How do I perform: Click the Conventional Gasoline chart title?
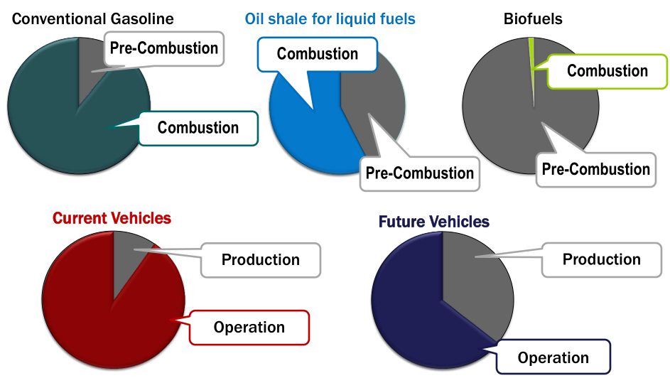coord(93,18)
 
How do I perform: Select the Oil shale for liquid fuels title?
coord(330,18)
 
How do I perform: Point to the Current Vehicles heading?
coord(112,217)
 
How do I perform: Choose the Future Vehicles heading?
coord(433,222)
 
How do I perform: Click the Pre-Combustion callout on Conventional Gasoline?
coord(164,48)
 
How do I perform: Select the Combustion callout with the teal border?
coord(198,128)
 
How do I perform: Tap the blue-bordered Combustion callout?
coord(317,54)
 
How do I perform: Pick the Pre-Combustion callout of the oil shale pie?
coord(419,173)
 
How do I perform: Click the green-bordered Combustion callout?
coord(607,71)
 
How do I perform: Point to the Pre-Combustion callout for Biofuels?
coord(595,169)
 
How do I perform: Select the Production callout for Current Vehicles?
coord(260,259)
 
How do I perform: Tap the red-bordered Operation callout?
coord(249,327)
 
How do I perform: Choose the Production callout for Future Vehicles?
coord(601,259)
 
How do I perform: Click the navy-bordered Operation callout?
coord(553,357)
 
